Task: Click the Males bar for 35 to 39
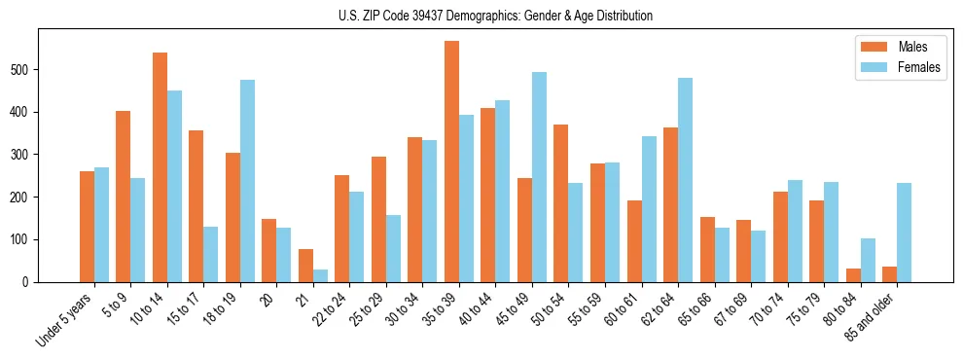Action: (x=451, y=162)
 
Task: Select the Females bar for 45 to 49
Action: (x=539, y=177)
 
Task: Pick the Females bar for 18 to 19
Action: (x=247, y=181)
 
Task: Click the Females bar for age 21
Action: (x=320, y=275)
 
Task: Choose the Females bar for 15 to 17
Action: (x=211, y=254)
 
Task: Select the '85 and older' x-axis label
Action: (x=872, y=316)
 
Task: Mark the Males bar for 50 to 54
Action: (x=561, y=229)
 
